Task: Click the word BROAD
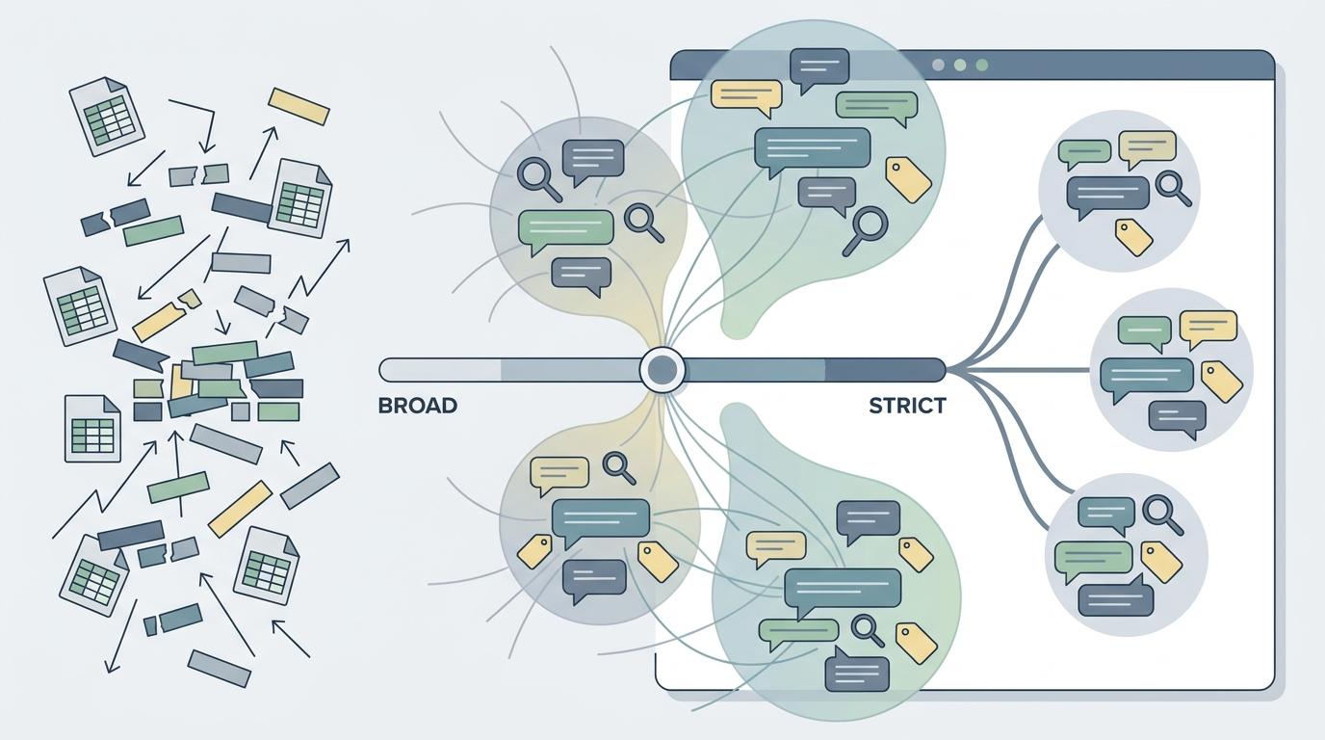pos(418,406)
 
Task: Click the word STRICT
pos(907,406)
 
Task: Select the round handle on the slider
pos(662,370)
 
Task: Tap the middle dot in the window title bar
pos(960,66)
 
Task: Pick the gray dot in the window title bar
pos(938,66)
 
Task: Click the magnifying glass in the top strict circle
pos(1173,188)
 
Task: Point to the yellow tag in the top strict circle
pos(1133,237)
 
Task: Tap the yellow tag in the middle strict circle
pos(1221,382)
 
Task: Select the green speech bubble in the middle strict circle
pos(1145,333)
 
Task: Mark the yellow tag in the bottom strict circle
pos(1161,562)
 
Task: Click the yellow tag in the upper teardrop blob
pos(908,180)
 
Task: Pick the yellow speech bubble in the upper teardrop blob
pos(746,97)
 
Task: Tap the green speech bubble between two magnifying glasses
pos(565,231)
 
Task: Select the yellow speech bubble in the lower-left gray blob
pos(559,475)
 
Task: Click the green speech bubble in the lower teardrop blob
pos(798,633)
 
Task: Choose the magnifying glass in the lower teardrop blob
pos(868,631)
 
